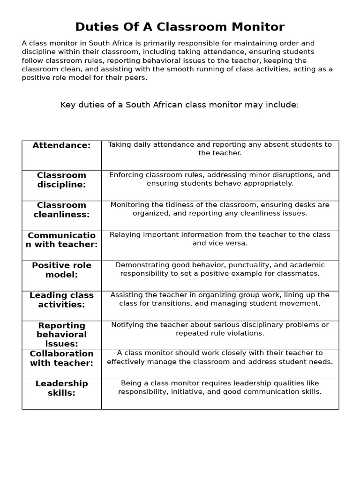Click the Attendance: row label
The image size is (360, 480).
coord(61,145)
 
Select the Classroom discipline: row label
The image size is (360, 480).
coord(61,180)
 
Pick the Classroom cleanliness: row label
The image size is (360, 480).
coord(61,210)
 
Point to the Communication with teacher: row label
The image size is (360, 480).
coord(61,240)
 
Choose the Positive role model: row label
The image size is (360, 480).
coord(61,270)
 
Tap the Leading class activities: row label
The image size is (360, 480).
coord(61,300)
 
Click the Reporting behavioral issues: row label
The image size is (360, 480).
coord(61,335)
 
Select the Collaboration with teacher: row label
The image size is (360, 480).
coord(61,358)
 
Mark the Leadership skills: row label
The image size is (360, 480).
coord(61,388)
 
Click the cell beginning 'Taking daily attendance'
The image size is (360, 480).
coord(220,149)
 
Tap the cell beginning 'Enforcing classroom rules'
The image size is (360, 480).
coord(220,179)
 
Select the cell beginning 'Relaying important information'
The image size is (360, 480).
coord(220,239)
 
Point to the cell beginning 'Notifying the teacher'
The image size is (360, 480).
coord(220,329)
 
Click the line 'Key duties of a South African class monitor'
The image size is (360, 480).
coord(180,105)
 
